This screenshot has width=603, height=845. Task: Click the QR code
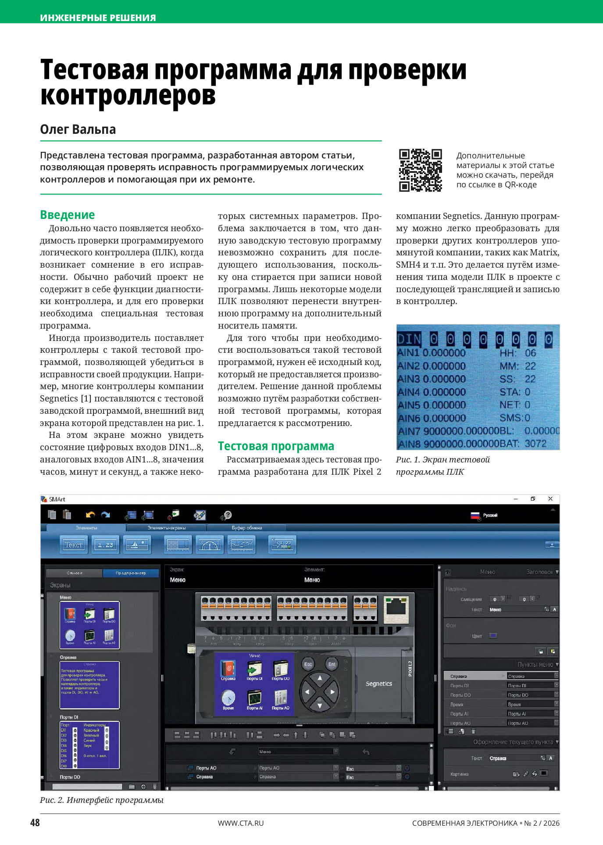pos(420,170)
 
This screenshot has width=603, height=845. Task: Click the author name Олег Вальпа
pos(78,129)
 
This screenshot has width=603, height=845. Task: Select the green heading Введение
pos(68,215)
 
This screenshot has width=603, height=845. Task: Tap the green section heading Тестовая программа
pos(276,446)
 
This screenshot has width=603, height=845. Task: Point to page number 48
pos(35,823)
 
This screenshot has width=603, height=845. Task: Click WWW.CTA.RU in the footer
pos(241,823)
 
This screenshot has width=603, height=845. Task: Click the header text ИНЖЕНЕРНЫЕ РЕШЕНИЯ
pos(98,18)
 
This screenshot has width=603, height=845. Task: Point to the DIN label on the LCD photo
pos(409,339)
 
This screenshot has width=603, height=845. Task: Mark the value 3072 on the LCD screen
pos(535,444)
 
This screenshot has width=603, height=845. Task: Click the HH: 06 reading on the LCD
pos(517,353)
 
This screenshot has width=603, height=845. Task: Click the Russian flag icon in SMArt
pos(475,516)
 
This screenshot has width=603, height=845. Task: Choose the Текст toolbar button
pos(73,545)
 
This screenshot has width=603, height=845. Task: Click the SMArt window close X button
pos(550,499)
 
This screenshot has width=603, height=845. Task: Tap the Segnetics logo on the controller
pos(378,684)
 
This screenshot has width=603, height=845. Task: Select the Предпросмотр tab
pos(130,573)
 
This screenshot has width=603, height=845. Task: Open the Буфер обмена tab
pos(246,528)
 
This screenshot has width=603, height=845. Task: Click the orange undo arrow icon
pos(90,515)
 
